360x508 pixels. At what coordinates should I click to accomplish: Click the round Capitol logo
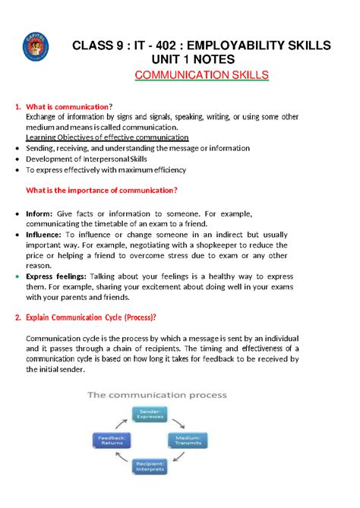pos(38,50)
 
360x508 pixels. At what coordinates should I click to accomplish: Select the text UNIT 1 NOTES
pos(201,59)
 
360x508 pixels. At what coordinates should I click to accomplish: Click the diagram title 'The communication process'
pos(156,395)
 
